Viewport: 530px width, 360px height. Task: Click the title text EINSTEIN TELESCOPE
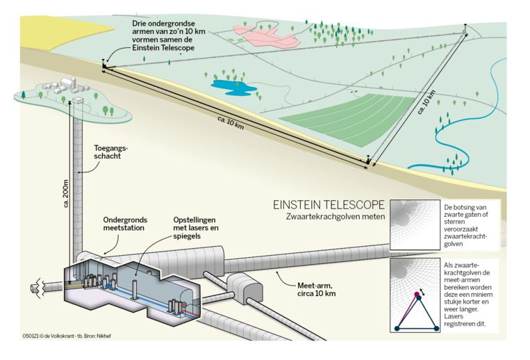coord(329,204)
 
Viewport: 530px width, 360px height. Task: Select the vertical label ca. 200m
coord(66,193)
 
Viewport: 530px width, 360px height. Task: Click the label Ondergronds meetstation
coord(125,224)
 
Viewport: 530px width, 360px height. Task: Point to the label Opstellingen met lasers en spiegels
coord(196,228)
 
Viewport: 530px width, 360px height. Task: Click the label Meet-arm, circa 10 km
coord(316,289)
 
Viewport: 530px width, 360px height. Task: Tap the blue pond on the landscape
coord(233,88)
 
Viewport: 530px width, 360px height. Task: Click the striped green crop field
coord(348,120)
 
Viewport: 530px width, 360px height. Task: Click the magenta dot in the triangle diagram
coord(417,294)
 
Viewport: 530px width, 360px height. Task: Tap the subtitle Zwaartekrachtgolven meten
coord(336,216)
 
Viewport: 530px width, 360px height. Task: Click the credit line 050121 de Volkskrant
coord(67,336)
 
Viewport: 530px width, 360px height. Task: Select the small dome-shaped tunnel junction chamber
coord(244,288)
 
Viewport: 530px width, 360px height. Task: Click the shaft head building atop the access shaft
coord(78,100)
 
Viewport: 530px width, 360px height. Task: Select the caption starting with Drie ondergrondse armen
coord(168,35)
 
